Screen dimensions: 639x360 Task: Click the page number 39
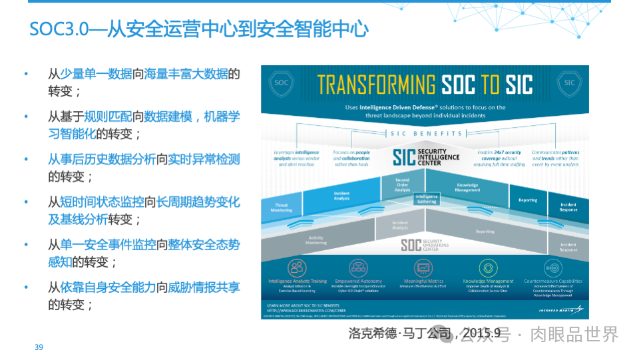tap(39, 347)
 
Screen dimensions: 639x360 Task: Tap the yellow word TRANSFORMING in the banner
tap(376, 85)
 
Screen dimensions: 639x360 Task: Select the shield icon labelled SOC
tap(282, 83)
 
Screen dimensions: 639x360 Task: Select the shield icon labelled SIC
tap(569, 83)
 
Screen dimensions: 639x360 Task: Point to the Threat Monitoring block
tap(281, 207)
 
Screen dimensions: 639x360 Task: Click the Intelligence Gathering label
tap(426, 198)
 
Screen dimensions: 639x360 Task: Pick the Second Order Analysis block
tap(402, 185)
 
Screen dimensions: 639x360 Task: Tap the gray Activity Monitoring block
tap(316, 240)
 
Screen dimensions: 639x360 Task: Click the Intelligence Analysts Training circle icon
tap(296, 268)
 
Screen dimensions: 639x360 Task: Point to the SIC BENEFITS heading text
tap(425, 134)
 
